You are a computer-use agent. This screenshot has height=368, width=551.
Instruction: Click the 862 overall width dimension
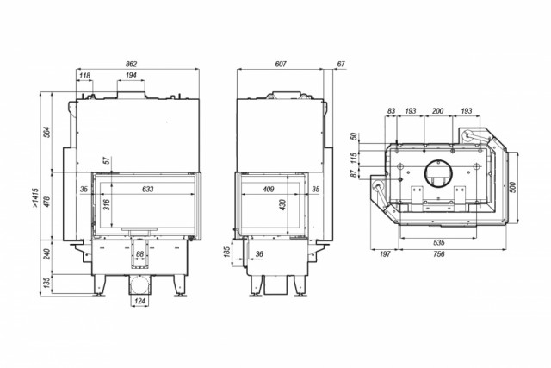131,64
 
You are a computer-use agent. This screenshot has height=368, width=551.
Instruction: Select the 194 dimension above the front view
131,75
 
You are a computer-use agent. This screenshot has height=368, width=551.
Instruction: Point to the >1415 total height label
35,197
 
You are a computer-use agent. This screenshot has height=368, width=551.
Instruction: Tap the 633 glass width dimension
148,189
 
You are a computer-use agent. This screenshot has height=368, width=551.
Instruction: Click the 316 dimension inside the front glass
107,204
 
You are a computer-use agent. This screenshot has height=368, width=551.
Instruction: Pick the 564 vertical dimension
48,132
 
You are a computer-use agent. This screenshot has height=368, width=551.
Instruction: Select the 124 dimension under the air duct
139,301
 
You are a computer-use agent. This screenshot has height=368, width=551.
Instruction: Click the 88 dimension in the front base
139,253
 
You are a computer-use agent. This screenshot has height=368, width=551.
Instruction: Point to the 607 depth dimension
281,64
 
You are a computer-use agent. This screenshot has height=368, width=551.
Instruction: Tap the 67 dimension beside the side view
341,64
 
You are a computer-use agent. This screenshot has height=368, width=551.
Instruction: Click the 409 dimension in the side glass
268,190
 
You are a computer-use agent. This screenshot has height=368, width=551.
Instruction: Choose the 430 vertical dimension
283,204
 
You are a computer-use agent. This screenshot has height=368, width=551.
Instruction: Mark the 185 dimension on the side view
227,252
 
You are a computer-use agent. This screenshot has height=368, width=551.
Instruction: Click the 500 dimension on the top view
513,187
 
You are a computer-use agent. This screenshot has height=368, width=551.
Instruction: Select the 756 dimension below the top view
439,253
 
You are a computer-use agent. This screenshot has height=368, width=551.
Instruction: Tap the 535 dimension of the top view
439,242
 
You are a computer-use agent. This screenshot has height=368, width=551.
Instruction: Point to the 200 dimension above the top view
437,111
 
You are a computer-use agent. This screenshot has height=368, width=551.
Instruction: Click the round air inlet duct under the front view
139,284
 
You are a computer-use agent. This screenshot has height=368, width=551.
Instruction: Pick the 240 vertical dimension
48,254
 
